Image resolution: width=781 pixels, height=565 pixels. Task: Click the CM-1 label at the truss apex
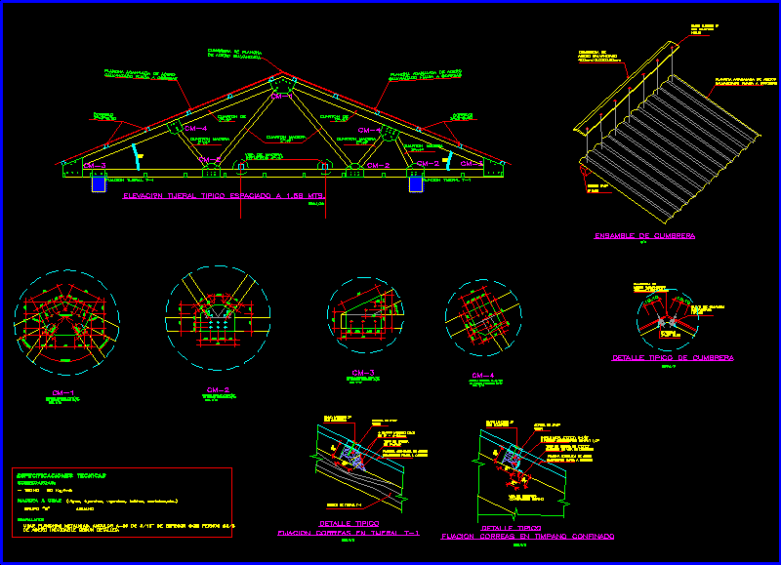tap(281, 96)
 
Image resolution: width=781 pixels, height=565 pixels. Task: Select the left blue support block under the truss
tap(99, 183)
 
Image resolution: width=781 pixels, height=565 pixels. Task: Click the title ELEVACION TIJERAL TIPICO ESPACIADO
tap(224, 196)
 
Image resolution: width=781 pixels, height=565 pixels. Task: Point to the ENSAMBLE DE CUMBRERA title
tap(644, 236)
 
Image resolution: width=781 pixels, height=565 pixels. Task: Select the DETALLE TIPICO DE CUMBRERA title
tap(673, 358)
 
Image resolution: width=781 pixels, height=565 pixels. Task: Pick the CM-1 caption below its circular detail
tap(64, 393)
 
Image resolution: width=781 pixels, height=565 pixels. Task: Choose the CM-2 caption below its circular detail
tap(217, 390)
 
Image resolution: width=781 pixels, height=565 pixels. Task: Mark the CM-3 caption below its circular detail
tap(364, 373)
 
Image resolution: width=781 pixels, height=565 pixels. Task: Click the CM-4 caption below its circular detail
tap(482, 375)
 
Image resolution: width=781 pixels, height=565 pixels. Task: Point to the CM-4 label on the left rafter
tap(195, 129)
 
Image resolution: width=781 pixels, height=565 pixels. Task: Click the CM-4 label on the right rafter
tap(369, 130)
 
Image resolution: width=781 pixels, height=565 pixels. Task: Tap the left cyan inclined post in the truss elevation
tap(134, 156)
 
